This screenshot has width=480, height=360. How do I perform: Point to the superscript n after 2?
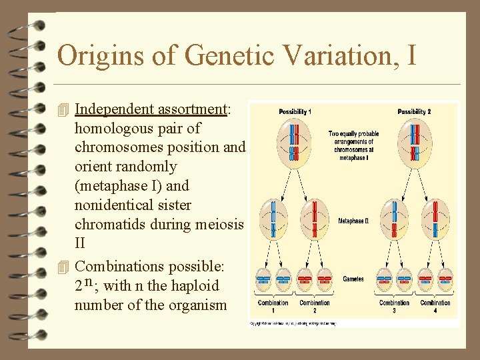click(89, 282)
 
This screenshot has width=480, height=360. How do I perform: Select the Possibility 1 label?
click(294, 111)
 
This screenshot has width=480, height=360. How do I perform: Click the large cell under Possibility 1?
click(294, 143)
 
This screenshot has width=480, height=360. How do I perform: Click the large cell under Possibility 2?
click(414, 143)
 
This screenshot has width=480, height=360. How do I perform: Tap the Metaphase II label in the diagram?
click(353, 221)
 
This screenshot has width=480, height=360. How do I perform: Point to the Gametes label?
click(353, 279)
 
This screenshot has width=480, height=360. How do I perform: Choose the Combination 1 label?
click(273, 306)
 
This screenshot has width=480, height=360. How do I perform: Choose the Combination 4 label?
click(435, 306)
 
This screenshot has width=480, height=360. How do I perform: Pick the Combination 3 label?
click(394, 306)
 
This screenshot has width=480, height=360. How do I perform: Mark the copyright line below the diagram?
click(293, 323)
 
